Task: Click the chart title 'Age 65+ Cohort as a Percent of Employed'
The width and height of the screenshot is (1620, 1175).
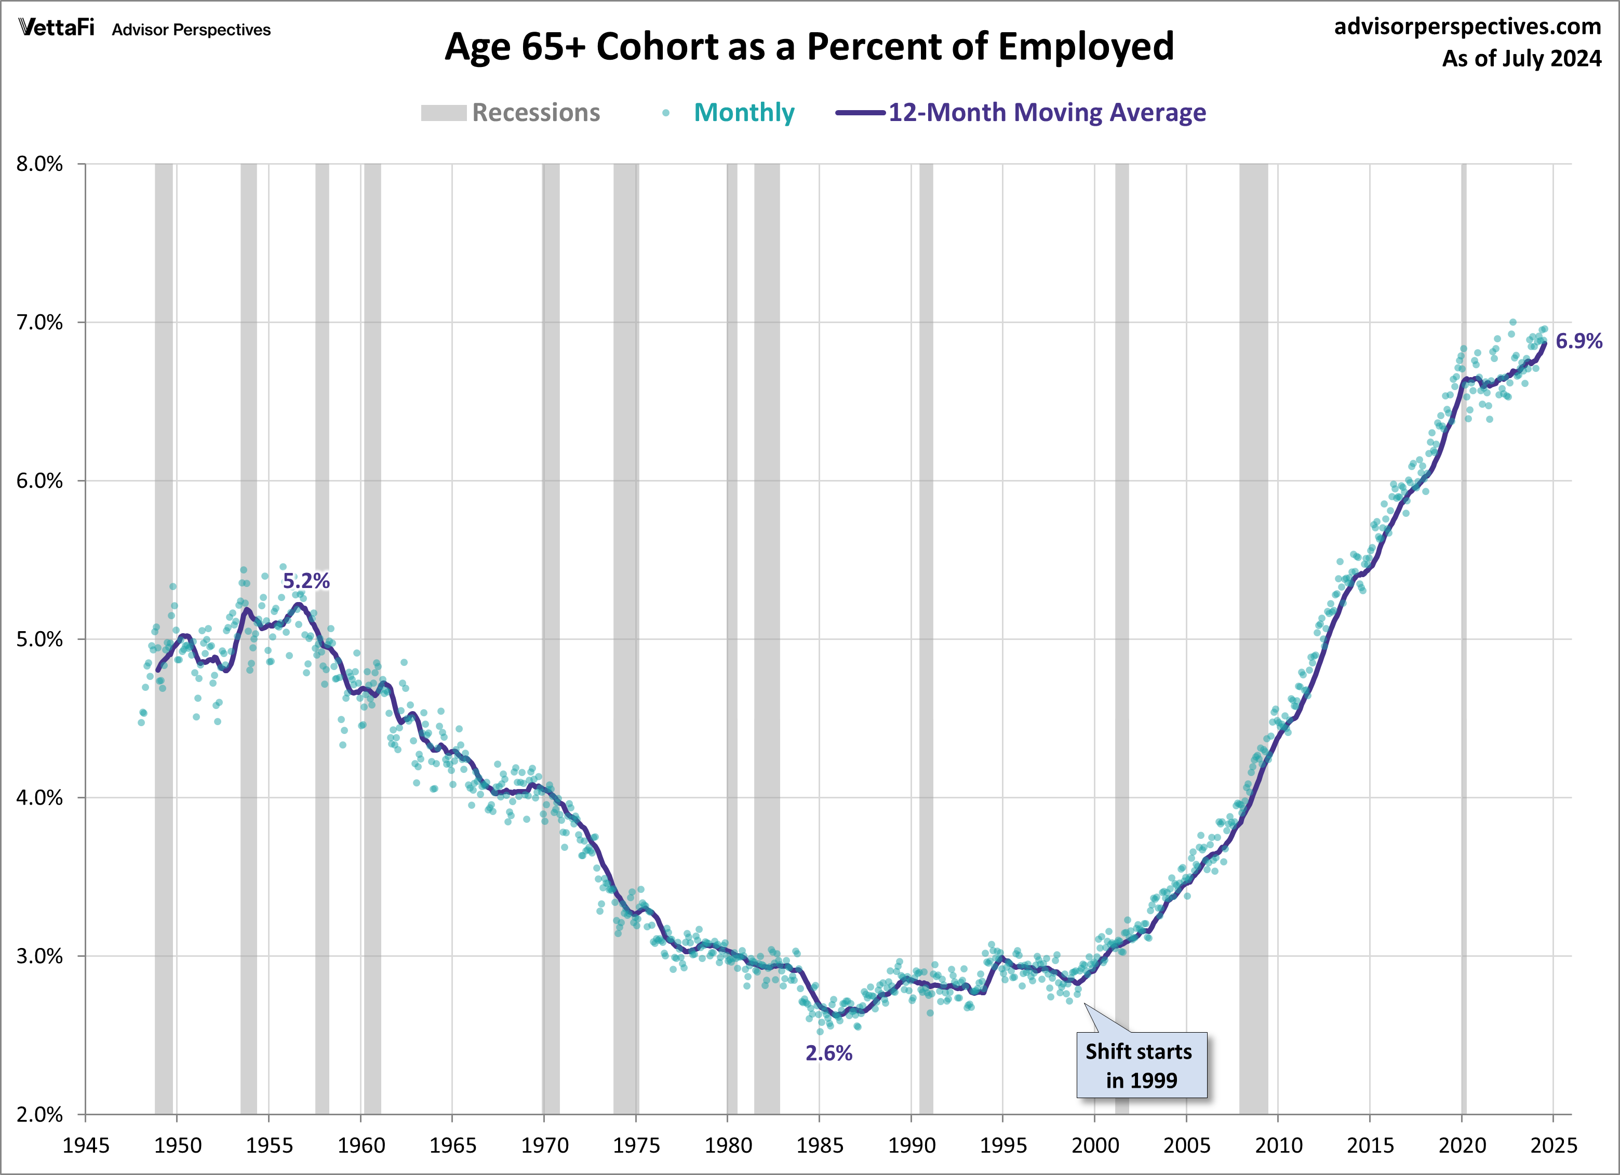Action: click(809, 47)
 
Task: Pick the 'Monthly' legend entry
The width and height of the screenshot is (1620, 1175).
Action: click(744, 113)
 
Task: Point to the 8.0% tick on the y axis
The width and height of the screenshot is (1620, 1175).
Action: click(40, 164)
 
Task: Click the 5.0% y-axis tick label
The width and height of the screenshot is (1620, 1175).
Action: click(40, 639)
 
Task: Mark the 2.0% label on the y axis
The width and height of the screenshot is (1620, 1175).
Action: click(40, 1114)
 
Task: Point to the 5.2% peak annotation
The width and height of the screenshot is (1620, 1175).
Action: click(306, 581)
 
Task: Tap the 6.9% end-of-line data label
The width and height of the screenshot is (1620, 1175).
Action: click(1578, 341)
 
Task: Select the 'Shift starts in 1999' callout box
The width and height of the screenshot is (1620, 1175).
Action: click(1141, 1065)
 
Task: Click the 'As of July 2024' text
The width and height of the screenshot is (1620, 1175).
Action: click(1521, 59)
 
